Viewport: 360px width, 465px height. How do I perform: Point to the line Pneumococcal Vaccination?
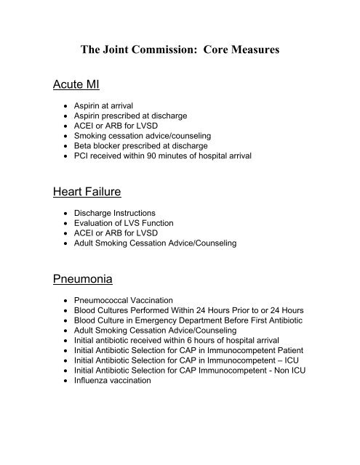tap(137, 300)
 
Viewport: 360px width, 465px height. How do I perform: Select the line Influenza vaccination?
tap(119, 379)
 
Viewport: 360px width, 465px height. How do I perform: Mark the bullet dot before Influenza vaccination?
tap(68, 379)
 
